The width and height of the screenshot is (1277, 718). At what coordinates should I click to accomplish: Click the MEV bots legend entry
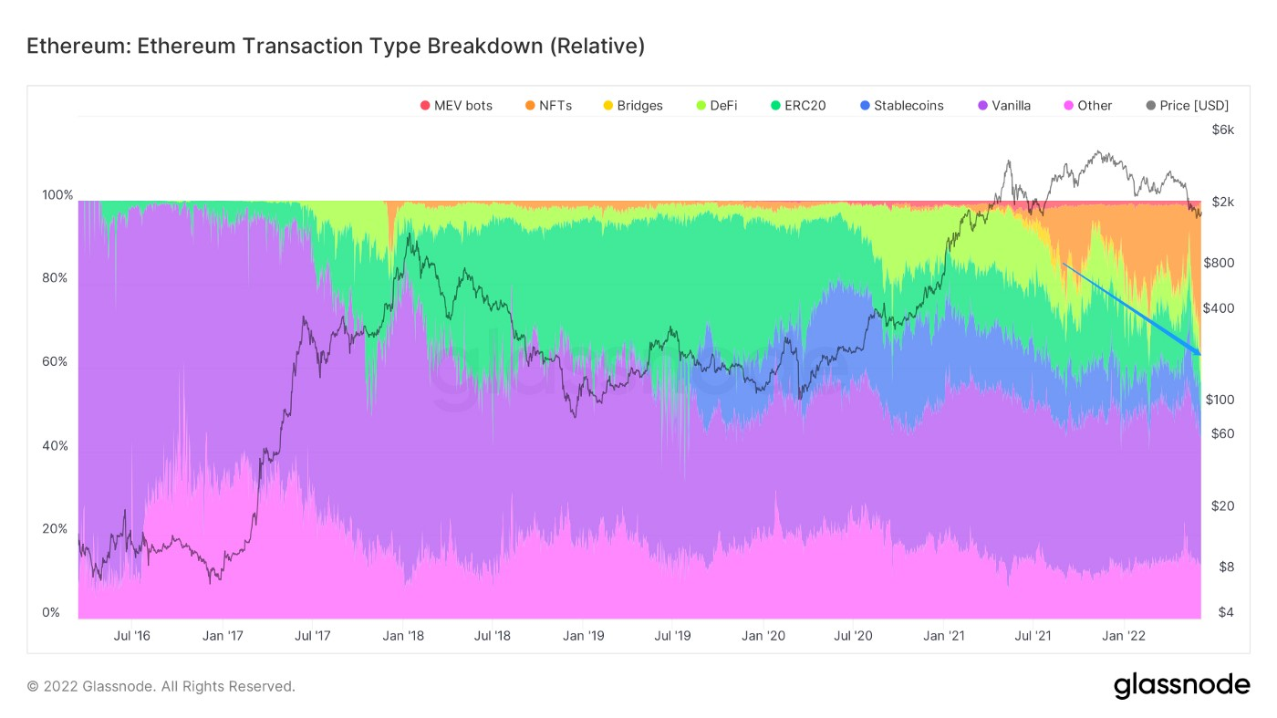456,106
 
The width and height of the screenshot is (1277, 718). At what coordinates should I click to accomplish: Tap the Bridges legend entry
632,106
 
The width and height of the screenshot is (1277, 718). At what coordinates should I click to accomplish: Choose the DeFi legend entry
716,106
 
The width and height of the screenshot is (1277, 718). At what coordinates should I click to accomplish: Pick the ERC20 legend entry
798,106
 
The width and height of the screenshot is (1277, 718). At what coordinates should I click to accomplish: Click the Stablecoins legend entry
901,106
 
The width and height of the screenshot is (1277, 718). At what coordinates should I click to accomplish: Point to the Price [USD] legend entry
1187,106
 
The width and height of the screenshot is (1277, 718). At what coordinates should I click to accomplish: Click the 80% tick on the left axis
55,278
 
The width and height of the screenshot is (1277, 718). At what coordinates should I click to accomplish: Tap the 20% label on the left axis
55,529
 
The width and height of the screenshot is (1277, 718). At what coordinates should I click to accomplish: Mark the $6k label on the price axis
1222,130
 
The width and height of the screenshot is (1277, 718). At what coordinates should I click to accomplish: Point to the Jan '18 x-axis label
402,636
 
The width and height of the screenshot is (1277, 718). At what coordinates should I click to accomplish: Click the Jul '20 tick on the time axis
854,636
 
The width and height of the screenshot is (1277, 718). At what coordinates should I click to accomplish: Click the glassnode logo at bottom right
1181,685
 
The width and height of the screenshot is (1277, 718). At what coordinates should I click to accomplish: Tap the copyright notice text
161,686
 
